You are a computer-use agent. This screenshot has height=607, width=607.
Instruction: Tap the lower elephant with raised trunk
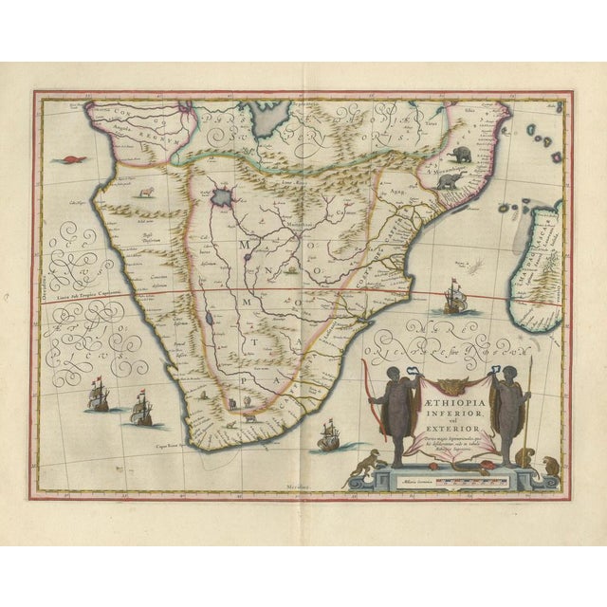click(x=446, y=182)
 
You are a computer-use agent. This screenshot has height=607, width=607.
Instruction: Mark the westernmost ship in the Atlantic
click(x=98, y=394)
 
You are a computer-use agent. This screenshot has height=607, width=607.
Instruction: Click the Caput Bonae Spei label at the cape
click(x=171, y=443)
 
